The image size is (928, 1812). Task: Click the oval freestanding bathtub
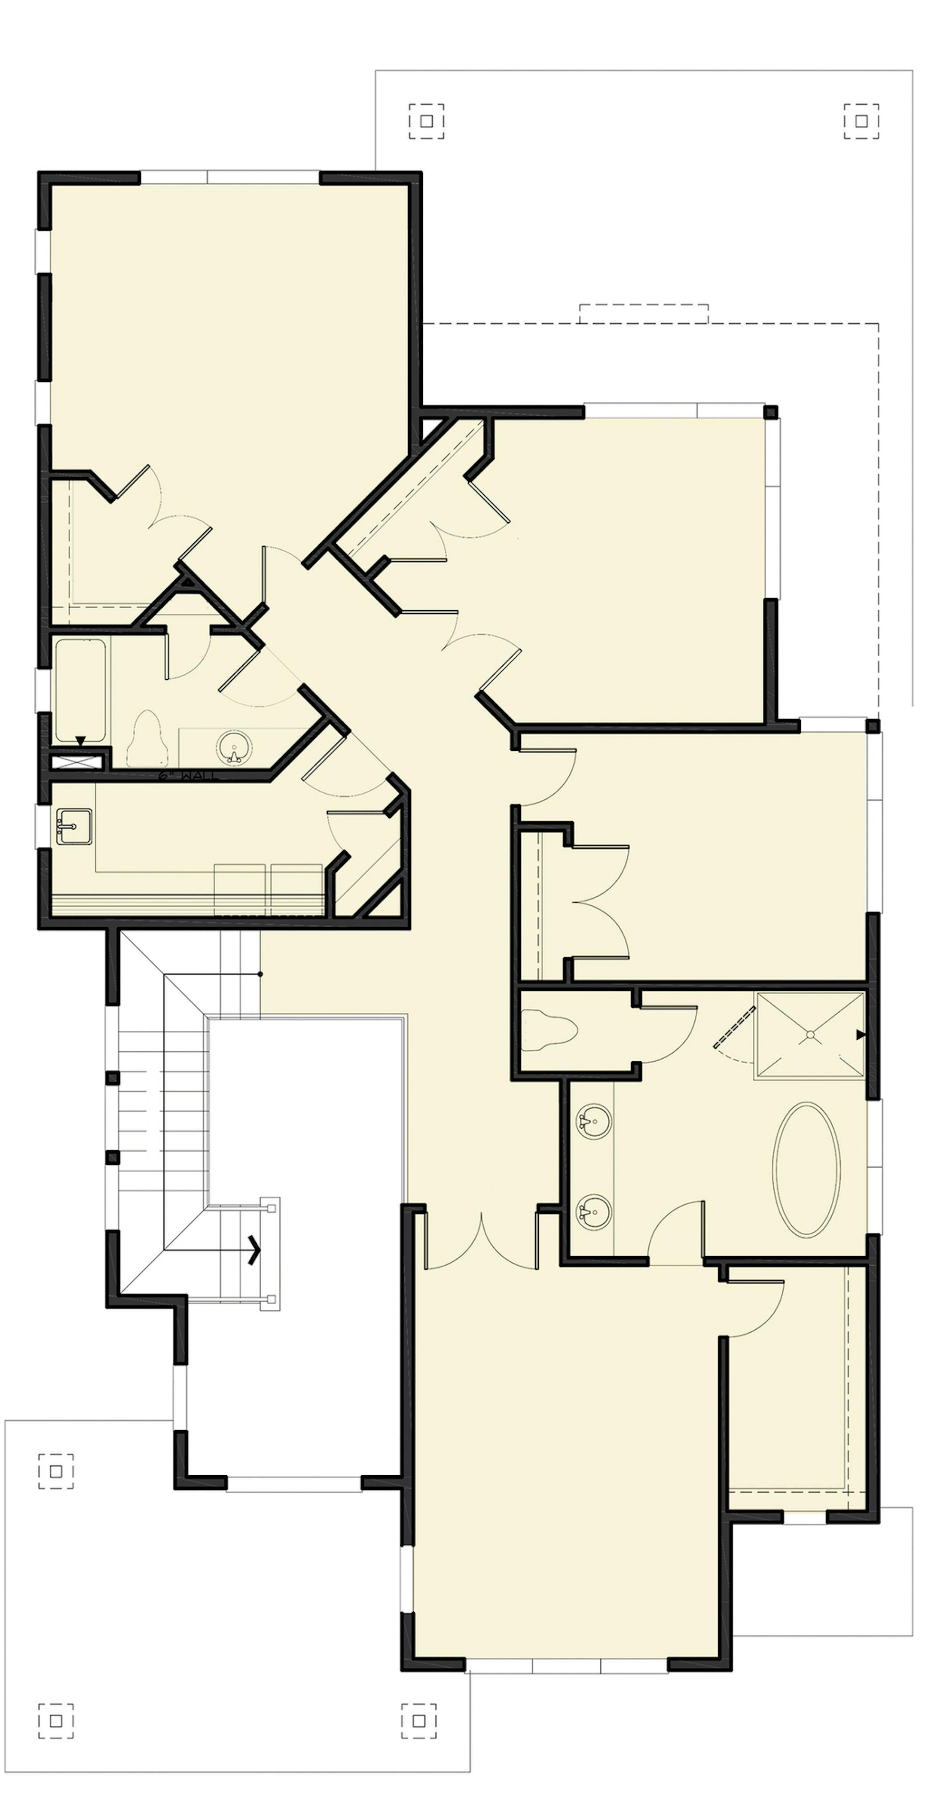point(806,1169)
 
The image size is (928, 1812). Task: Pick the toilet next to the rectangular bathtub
point(147,739)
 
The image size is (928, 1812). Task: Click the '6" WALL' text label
point(189,777)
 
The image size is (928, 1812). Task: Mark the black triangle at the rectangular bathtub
point(81,740)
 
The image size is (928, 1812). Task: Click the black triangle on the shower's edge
point(860,1035)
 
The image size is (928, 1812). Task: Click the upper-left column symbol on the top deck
point(426,121)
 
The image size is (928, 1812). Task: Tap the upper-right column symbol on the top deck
point(861,121)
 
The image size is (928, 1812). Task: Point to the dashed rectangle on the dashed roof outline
point(643,314)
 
